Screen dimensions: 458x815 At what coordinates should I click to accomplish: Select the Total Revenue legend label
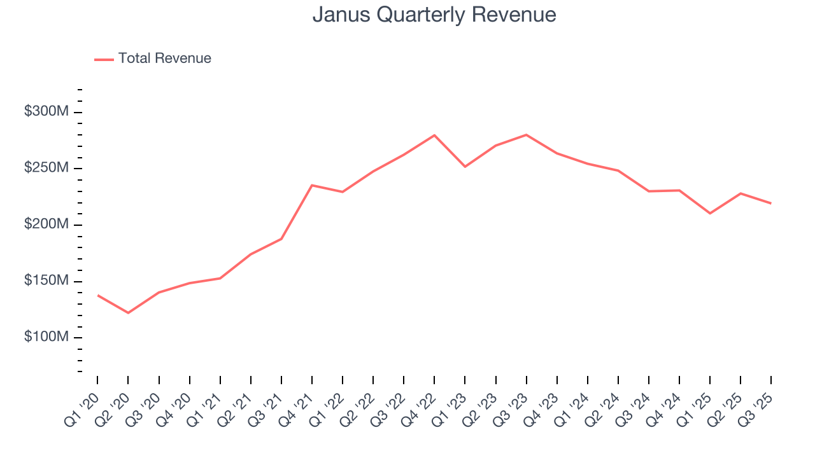(x=164, y=59)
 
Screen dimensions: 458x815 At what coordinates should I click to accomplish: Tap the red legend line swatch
(x=104, y=59)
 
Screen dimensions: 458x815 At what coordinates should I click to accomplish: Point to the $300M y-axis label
(x=46, y=112)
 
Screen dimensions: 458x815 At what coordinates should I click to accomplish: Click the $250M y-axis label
(x=46, y=169)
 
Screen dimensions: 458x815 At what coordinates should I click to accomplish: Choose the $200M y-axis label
(x=46, y=225)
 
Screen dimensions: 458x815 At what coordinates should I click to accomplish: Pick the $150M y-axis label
(x=46, y=281)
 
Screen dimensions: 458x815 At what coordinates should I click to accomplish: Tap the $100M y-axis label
(x=46, y=337)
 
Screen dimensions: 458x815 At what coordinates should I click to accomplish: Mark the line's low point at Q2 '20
(x=128, y=313)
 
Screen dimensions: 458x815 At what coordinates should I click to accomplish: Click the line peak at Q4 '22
(x=434, y=135)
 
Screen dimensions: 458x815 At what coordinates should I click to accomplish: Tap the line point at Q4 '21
(x=312, y=185)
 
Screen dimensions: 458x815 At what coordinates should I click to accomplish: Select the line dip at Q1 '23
(x=465, y=167)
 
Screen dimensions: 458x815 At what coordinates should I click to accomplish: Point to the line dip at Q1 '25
(x=710, y=213)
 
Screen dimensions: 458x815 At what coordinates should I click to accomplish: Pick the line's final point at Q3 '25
(x=771, y=204)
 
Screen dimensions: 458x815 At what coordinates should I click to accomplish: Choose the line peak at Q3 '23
(x=526, y=135)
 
